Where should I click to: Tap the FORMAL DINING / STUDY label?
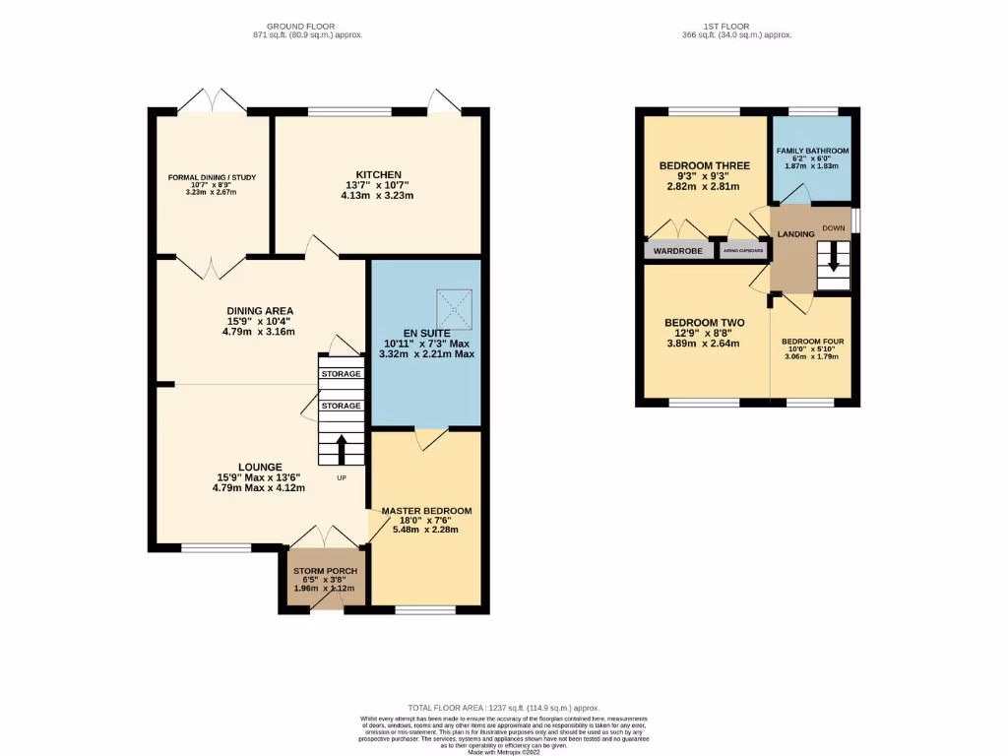(x=212, y=178)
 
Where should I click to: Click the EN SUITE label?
(x=424, y=334)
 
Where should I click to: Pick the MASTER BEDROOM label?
(x=426, y=511)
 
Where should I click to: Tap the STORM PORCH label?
(x=325, y=571)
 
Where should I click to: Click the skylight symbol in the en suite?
(x=456, y=308)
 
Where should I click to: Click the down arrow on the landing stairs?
(x=833, y=260)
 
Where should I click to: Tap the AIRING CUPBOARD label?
(x=743, y=251)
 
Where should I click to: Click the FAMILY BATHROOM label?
(x=812, y=151)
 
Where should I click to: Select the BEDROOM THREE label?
(x=704, y=165)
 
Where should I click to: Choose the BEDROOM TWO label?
(x=704, y=323)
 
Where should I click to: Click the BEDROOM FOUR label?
(x=812, y=342)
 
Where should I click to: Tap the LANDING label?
(x=795, y=234)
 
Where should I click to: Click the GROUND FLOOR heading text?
(x=300, y=26)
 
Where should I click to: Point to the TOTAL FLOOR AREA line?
(x=503, y=709)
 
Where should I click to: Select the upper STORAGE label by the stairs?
(x=342, y=374)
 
